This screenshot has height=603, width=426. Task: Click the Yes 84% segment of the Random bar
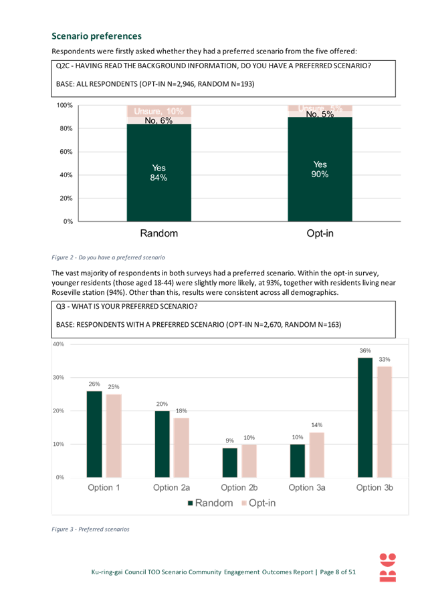tap(159, 172)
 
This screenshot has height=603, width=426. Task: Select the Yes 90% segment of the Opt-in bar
tap(320, 169)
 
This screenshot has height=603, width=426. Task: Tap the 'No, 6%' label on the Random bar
tap(159, 120)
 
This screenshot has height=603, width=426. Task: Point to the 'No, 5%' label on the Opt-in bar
tap(320, 114)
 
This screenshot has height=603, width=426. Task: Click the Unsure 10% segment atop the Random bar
tap(159, 111)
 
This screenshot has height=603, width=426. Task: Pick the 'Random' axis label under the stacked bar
tap(159, 233)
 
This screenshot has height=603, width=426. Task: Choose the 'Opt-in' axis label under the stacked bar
tap(320, 233)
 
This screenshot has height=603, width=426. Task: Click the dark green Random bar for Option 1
tap(94, 434)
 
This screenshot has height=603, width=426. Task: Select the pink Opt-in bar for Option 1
tap(114, 435)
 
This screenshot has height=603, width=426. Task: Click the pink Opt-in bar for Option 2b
tap(249, 460)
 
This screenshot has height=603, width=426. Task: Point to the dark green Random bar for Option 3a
tap(297, 460)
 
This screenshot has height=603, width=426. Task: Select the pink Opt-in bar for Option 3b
tap(384, 421)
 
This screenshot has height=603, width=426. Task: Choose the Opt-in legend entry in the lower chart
tap(258, 503)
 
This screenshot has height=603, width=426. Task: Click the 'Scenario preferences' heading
tap(96, 36)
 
